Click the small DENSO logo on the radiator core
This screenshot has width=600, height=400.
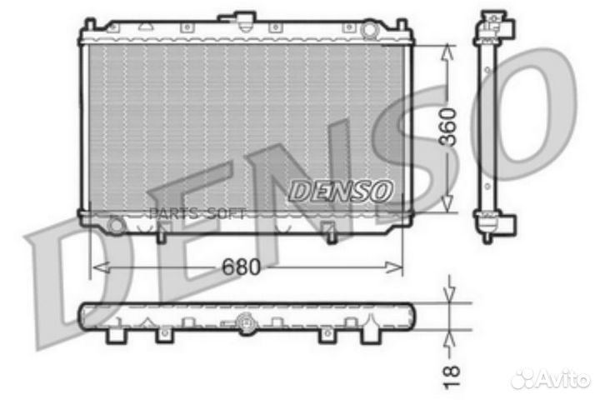tap(341, 191)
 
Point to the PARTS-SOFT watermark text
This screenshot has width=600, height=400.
tap(197, 213)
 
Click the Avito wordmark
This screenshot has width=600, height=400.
tap(566, 379)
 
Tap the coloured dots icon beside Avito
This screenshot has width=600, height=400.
tap(524, 379)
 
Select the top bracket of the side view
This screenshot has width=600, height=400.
tap(494, 25)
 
